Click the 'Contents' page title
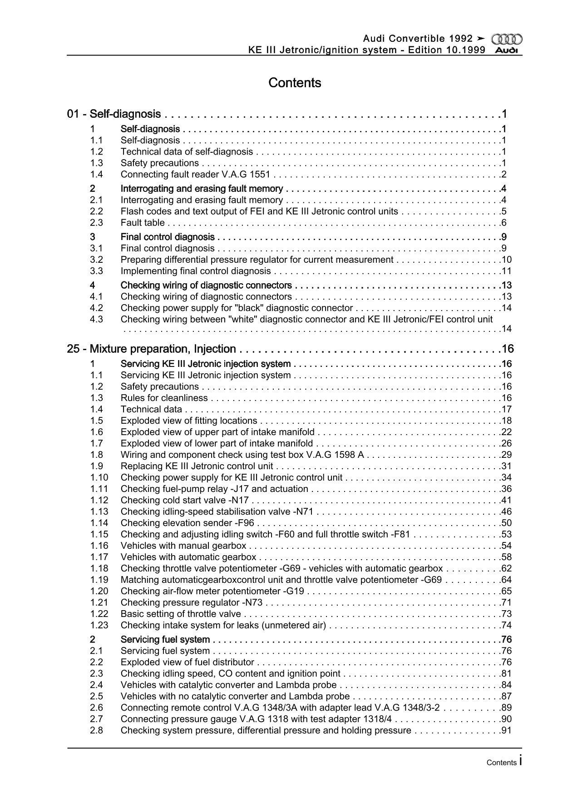[295, 83]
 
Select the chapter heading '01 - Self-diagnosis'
[114, 114]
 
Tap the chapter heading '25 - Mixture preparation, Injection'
[151, 349]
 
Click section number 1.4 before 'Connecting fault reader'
[96, 175]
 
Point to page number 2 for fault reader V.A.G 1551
[504, 175]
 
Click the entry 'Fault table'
[143, 223]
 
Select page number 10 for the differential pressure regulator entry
[507, 260]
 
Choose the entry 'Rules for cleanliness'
[164, 398]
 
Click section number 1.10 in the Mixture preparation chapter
[99, 477]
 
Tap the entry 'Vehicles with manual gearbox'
[183, 546]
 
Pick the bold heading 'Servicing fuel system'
[165, 640]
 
